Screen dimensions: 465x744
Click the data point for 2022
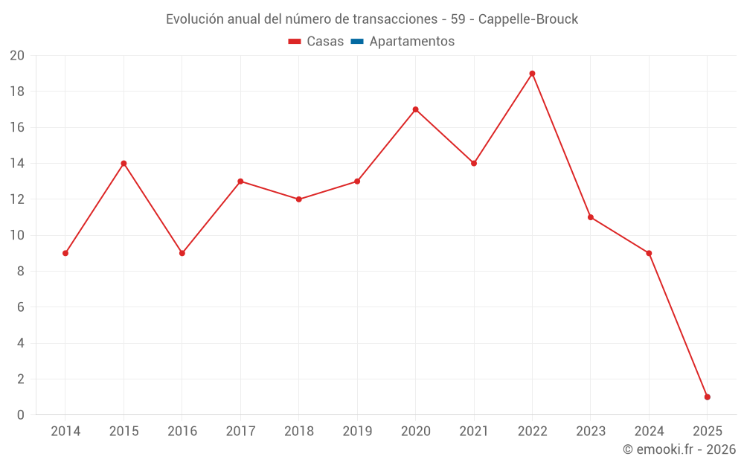click(x=532, y=74)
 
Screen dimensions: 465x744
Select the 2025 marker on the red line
click(x=707, y=397)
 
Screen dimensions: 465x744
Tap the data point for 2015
click(x=124, y=164)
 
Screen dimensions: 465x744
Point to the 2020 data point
click(x=415, y=109)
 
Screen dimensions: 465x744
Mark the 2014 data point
click(x=65, y=253)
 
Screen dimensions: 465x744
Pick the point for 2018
click(x=298, y=199)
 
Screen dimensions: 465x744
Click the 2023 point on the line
click(x=590, y=217)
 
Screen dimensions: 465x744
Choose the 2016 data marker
click(x=182, y=253)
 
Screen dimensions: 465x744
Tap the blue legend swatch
click(x=356, y=42)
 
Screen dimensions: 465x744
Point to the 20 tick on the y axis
click(x=17, y=56)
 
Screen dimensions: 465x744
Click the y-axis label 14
click(x=17, y=164)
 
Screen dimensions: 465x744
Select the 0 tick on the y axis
click(x=21, y=414)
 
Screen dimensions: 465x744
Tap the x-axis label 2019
click(x=357, y=432)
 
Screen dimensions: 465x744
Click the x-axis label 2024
click(x=649, y=432)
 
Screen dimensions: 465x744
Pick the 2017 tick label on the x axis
click(x=240, y=432)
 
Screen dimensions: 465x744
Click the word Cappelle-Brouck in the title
click(x=528, y=19)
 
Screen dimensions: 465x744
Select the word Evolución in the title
click(x=193, y=19)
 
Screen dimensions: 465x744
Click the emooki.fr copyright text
click(x=679, y=449)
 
